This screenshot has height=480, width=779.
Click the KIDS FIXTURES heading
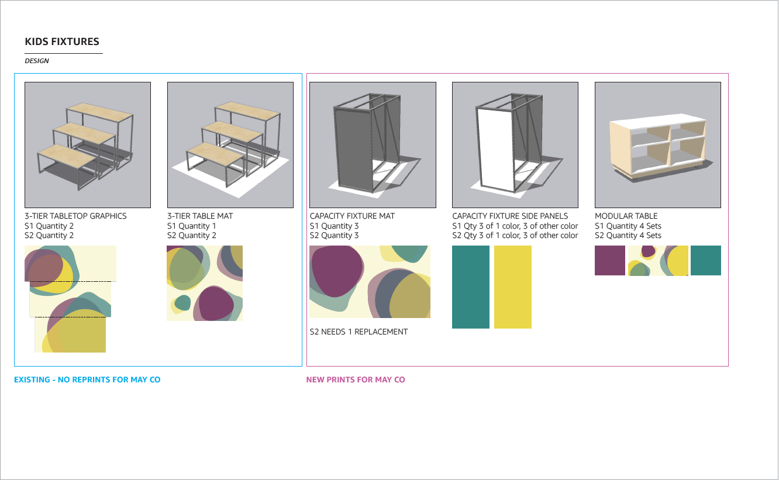point(62,42)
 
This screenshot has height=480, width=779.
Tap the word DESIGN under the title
point(37,61)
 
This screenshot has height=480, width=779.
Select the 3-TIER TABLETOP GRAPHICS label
point(75,216)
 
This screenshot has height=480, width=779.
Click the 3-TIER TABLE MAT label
point(200,216)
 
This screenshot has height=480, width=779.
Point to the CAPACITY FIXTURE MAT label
point(352,216)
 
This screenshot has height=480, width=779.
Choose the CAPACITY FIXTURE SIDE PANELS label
point(510,216)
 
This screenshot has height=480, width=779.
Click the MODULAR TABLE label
point(626,216)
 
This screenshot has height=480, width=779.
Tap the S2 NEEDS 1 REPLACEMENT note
point(359,332)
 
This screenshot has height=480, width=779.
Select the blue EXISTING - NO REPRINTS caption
point(87,380)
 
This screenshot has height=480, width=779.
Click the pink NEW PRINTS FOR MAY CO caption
point(356,380)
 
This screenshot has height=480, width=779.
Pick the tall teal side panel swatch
point(471,287)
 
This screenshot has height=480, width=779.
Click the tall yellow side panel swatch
point(513,287)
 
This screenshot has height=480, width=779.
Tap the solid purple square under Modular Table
point(610,261)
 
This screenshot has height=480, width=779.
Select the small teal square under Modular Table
point(706,261)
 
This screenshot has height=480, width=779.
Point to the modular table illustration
point(657,146)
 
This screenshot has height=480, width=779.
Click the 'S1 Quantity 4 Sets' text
point(628,226)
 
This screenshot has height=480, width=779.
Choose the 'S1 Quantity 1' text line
point(192,226)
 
